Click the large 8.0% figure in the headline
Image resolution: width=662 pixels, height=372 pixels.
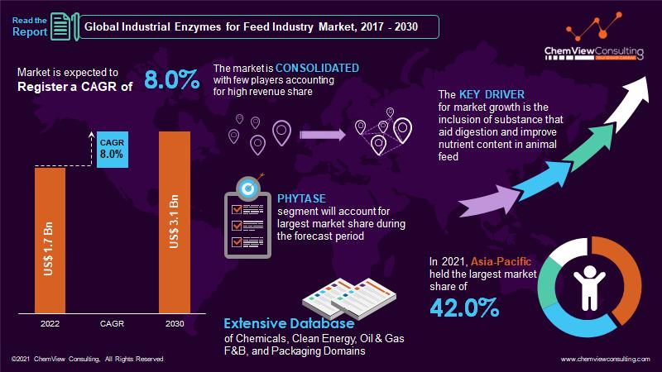[x=172, y=80]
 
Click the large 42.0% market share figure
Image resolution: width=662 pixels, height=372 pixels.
[x=464, y=308]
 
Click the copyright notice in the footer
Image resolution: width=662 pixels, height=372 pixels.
[x=87, y=359]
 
